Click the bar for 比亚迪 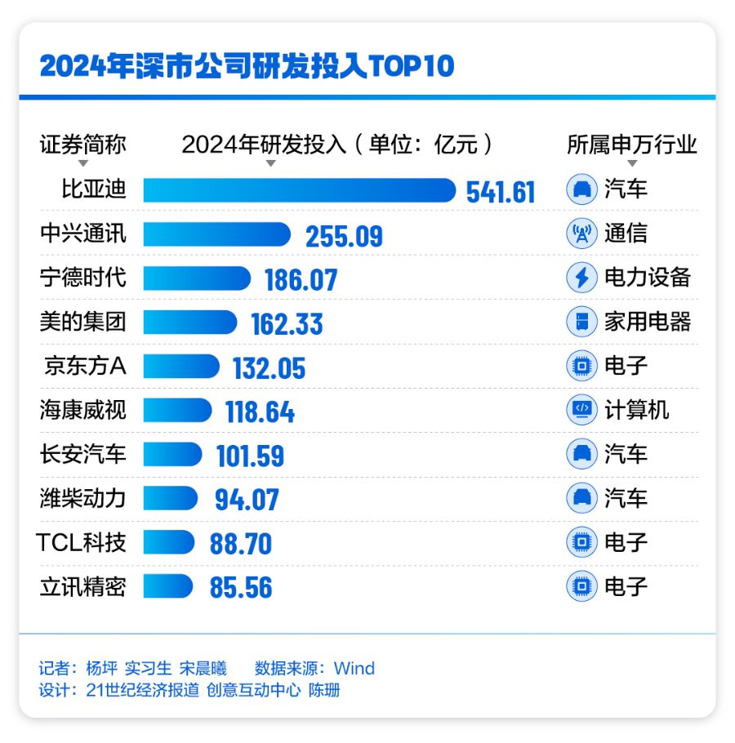299,190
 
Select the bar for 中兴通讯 216,234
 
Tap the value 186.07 301,279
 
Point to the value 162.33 287,323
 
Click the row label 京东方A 85,367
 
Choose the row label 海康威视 83,410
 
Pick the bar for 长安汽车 172,454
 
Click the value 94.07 247,499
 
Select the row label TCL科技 82,542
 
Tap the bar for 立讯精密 168,586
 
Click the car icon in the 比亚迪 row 581,190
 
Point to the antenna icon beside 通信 581,234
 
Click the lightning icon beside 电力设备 581,278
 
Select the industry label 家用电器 648,322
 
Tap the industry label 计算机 636,410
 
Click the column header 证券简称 83,145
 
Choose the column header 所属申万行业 632,145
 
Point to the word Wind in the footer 354,669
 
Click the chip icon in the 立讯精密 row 581,586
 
